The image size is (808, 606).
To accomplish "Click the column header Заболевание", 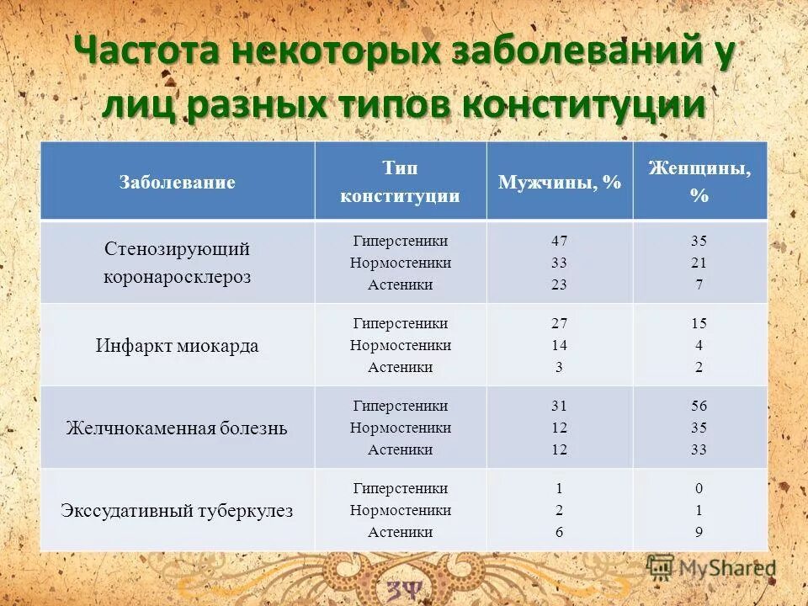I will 177,182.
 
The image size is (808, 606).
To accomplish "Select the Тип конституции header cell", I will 400,182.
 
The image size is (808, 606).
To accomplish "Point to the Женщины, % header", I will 699,182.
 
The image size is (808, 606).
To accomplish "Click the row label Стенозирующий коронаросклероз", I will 177,263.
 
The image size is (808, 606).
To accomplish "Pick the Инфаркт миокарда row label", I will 177,346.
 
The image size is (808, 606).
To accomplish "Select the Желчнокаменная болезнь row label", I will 177,428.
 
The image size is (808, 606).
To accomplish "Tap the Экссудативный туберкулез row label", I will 177,511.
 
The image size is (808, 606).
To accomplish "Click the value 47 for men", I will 559,241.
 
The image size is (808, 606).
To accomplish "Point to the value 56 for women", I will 699,406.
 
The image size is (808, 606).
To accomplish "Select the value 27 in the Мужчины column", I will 559,323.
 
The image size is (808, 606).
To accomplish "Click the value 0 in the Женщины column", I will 699,488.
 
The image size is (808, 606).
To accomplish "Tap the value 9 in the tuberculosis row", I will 699,532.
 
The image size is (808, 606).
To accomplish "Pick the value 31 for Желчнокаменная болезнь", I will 559,406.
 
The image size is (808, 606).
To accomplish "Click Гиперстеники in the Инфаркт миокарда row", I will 401,323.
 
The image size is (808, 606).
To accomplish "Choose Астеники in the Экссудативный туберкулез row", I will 401,532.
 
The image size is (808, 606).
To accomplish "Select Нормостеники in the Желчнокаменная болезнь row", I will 401,428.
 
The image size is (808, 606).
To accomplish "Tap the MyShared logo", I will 712,568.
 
